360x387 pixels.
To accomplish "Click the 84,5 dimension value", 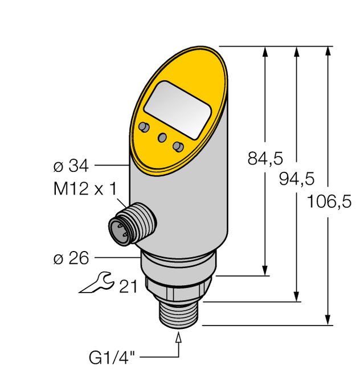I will click(x=265, y=159).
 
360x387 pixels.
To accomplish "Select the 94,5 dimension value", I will click(x=296, y=179).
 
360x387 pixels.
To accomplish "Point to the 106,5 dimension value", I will click(x=329, y=200).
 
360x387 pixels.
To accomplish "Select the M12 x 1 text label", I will click(x=79, y=190).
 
